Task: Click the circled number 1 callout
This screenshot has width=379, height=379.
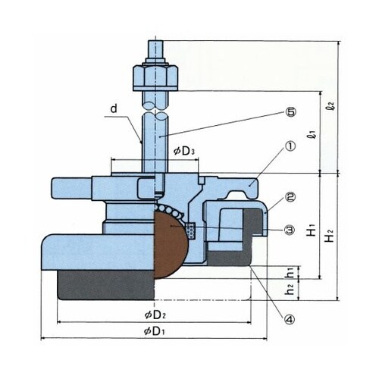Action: click(x=290, y=146)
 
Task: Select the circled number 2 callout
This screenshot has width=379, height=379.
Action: click(x=290, y=197)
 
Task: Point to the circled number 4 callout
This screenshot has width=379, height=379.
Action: click(x=290, y=320)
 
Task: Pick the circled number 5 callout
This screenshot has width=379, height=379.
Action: click(x=290, y=112)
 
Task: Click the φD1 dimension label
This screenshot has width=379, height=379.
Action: click(x=154, y=330)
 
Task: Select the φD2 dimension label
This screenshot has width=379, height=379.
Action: click(x=155, y=315)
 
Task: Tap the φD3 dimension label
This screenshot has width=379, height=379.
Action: click(x=185, y=152)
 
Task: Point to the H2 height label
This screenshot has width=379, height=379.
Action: click(x=330, y=236)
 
